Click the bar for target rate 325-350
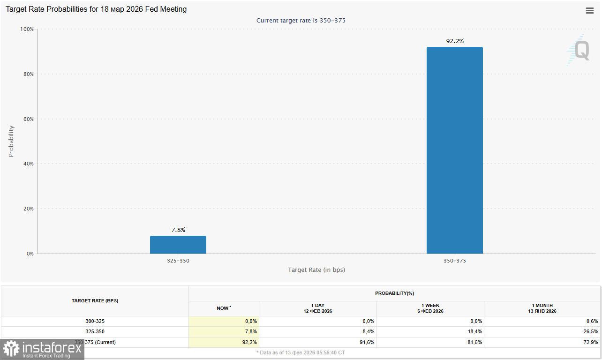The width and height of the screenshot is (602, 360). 178,245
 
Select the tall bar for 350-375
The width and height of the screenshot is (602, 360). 454,150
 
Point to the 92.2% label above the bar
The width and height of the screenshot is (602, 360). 455,41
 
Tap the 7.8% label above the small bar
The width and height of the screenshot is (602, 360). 178,230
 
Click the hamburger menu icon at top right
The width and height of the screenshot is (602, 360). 589,11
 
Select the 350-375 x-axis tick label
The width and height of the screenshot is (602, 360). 454,261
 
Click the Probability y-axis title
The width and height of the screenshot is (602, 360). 11,141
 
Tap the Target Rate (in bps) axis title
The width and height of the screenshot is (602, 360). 316,270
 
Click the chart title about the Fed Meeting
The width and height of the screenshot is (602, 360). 96,9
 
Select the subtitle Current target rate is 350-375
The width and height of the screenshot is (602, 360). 301,21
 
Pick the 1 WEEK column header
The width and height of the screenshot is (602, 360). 430,308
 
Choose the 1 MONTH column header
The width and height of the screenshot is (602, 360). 542,308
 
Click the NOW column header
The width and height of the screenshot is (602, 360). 224,308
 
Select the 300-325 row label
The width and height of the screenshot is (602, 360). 95,322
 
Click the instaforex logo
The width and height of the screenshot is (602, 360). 42,349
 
